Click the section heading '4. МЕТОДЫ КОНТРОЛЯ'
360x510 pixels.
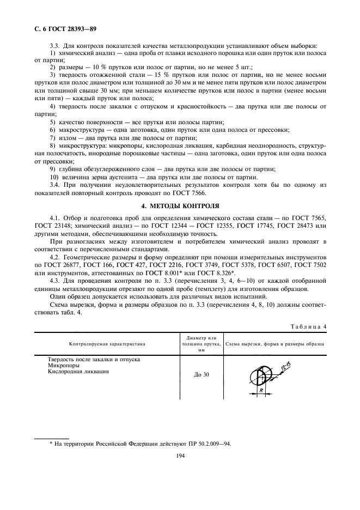(180, 206)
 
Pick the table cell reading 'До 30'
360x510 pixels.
(201, 375)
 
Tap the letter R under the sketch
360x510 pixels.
(263, 391)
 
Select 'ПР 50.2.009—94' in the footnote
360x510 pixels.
(209, 444)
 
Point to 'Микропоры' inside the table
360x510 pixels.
(64, 366)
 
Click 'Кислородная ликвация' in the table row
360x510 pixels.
(79, 372)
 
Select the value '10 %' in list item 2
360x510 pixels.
(92, 65)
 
